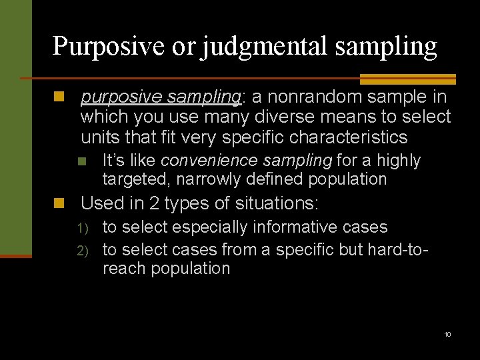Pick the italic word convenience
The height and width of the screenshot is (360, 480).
coord(204,161)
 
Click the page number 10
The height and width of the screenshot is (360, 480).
coord(447,334)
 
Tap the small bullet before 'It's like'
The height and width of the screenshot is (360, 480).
coord(82,161)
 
